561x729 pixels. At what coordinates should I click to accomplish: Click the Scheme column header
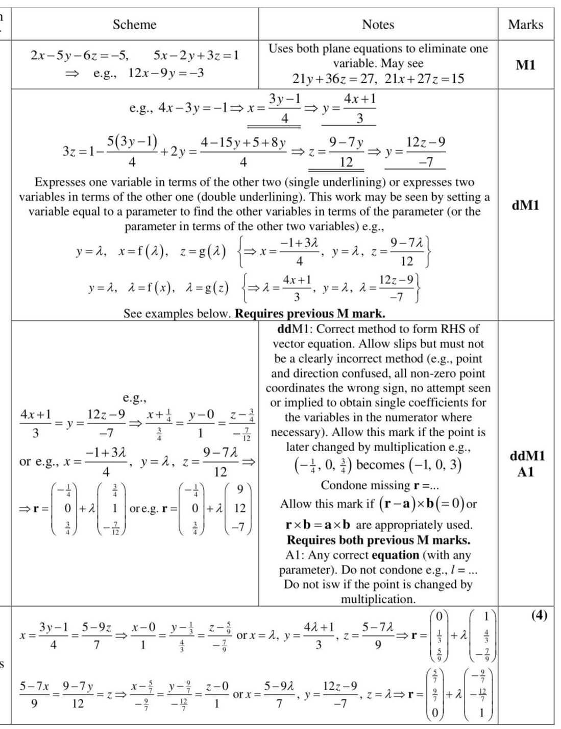[x=134, y=25]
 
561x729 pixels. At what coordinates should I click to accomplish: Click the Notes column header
[x=378, y=25]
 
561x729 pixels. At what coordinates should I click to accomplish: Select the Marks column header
[x=525, y=25]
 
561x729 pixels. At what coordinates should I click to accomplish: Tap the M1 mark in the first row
[x=525, y=65]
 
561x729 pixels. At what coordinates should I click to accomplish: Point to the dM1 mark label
[x=525, y=205]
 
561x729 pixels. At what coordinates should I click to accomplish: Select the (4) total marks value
[x=539, y=615]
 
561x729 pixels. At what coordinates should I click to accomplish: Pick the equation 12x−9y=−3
[x=166, y=73]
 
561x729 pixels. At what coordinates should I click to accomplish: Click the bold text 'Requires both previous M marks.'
[x=378, y=540]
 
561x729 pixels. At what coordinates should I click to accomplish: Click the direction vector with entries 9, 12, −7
[x=239, y=508]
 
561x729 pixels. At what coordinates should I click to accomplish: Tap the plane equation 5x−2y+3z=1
[x=196, y=55]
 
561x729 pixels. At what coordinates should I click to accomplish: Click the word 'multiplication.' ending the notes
[x=378, y=599]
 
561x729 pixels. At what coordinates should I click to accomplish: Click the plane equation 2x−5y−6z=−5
[x=80, y=55]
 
